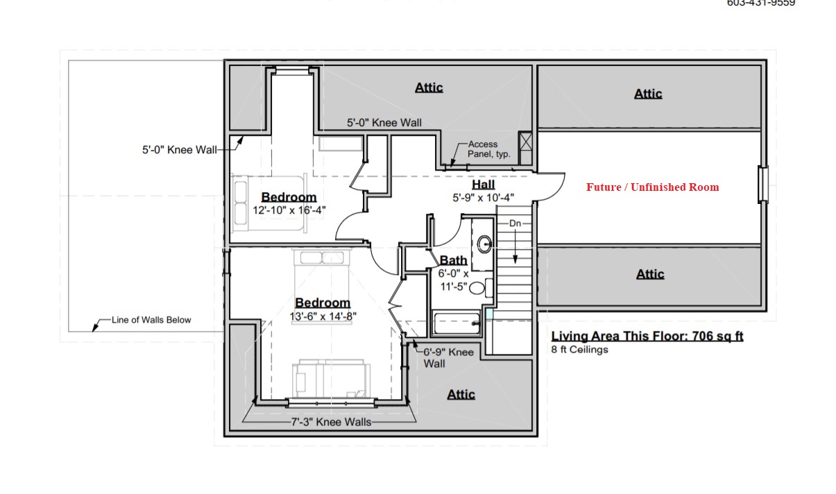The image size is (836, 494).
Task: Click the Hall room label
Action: click(484, 185)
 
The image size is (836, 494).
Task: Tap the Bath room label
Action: click(454, 260)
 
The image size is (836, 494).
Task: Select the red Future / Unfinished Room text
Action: click(652, 187)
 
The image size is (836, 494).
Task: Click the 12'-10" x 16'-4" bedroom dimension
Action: click(289, 210)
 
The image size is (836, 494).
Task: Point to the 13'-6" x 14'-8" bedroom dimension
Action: click(323, 316)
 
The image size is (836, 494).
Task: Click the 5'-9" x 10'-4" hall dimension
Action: click(484, 197)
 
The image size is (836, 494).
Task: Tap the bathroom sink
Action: click(484, 244)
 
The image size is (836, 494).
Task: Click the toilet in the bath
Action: click(481, 288)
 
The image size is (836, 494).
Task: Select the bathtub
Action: click(457, 323)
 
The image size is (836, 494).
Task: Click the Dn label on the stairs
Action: click(515, 223)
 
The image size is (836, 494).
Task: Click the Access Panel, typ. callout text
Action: click(489, 149)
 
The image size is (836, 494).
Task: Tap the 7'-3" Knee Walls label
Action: click(331, 422)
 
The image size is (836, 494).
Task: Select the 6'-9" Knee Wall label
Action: click(448, 357)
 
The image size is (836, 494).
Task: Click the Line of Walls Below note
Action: click(151, 320)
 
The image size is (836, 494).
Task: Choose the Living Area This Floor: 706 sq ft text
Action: click(647, 336)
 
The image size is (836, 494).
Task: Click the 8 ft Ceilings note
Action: click(579, 350)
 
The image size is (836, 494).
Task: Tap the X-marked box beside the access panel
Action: click(525, 142)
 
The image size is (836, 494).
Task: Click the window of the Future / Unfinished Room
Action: click(763, 185)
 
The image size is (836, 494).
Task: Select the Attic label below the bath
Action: click(461, 394)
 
